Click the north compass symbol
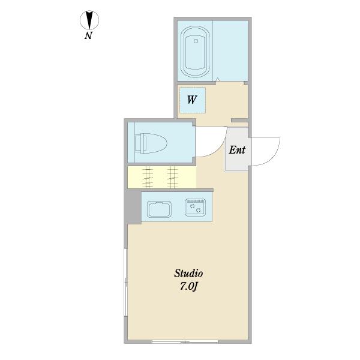pyautogui.click(x=89, y=20)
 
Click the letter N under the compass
pyautogui.click(x=88, y=35)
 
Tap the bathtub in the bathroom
pyautogui.click(x=195, y=52)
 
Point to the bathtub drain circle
pyautogui.click(x=196, y=41)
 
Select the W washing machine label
pyautogui.click(x=192, y=100)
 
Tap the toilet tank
pyautogui.click(x=140, y=143)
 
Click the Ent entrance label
pyautogui.click(x=237, y=150)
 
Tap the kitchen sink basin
pyautogui.click(x=160, y=209)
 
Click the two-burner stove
pyautogui.click(x=196, y=208)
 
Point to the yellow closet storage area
pyautogui.click(x=161, y=177)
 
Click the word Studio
pyautogui.click(x=188, y=274)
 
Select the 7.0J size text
pyautogui.click(x=189, y=286)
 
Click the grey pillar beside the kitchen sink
pyautogui.click(x=133, y=208)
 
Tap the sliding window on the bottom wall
pyautogui.click(x=185, y=342)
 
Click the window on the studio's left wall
pyautogui.click(x=125, y=282)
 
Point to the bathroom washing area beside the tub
pyautogui.click(x=230, y=51)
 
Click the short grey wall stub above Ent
pyautogui.click(x=239, y=121)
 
